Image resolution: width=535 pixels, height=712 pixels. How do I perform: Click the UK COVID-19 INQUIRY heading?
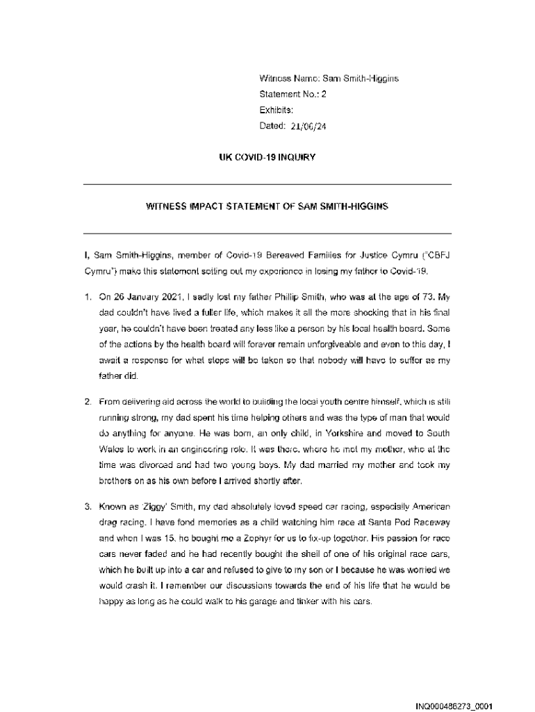click(267, 157)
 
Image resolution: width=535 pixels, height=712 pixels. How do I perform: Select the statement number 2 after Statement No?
click(323, 95)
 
